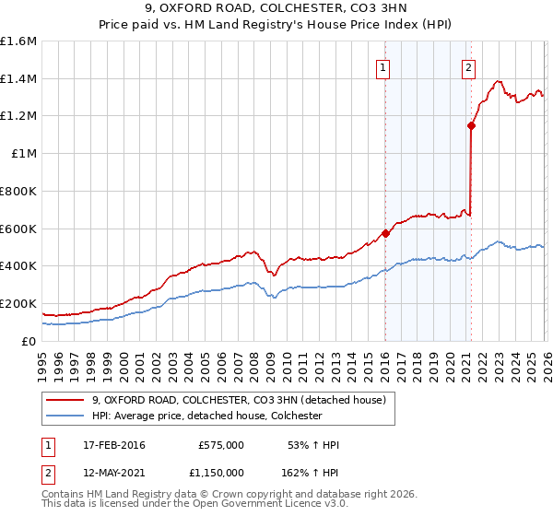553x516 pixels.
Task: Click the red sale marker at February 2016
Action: (x=385, y=233)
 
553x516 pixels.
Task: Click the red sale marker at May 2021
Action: (x=470, y=125)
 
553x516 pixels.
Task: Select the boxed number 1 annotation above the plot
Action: (x=382, y=66)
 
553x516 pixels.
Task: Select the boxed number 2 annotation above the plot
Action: (x=468, y=66)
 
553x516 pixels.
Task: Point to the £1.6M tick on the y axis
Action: (x=18, y=41)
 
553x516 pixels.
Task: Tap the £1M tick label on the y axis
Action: (x=23, y=154)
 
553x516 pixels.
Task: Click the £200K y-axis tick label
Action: (x=18, y=303)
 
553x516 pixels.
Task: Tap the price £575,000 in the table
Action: (x=220, y=445)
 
